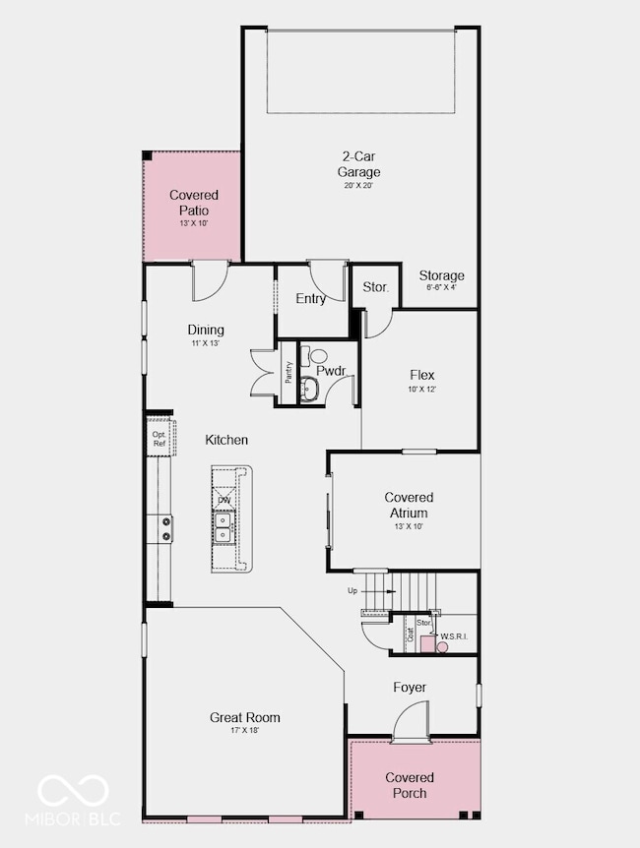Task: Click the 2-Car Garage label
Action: coord(360,165)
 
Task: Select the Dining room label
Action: coord(206,331)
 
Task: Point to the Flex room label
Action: coord(421,376)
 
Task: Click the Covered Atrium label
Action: coord(408,506)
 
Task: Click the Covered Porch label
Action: coord(410,785)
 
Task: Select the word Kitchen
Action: coord(226,440)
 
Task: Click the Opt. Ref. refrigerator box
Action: coord(160,437)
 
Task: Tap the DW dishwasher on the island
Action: coord(224,501)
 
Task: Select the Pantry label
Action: coord(288,372)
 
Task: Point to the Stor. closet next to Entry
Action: coord(375,288)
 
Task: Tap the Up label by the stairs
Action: coord(352,591)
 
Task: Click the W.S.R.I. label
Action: coord(454,637)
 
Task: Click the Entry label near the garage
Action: coord(311,299)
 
